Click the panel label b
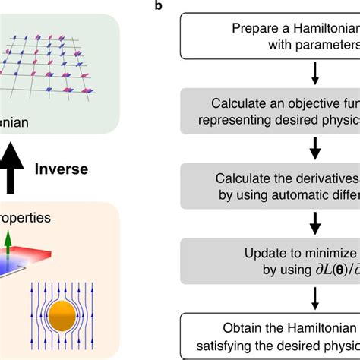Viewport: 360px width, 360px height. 158,7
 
